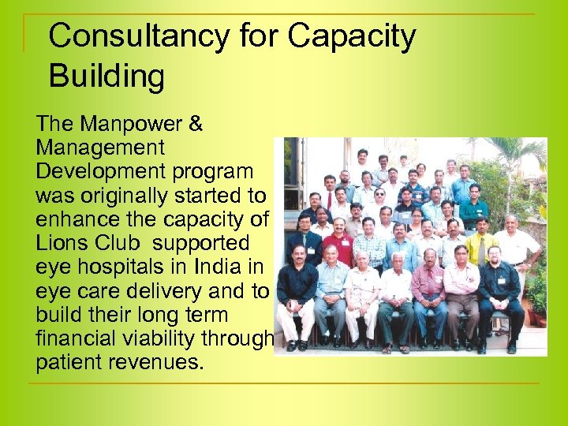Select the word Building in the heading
click(106, 76)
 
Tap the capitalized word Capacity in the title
click(352, 36)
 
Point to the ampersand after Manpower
click(195, 125)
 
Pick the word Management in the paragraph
click(100, 148)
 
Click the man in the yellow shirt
click(480, 245)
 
